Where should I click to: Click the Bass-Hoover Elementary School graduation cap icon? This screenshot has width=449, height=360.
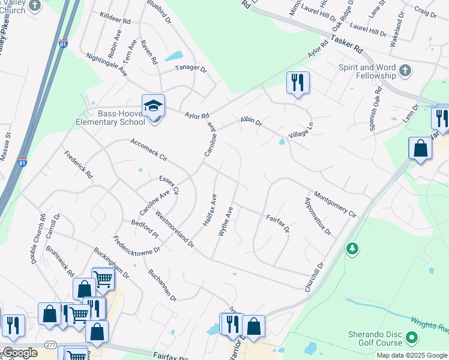click(x=153, y=106)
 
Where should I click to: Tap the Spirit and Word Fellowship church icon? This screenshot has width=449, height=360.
click(x=405, y=70)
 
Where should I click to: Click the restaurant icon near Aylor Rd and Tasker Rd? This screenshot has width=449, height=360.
click(x=297, y=82)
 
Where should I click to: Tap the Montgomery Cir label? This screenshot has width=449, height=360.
click(x=335, y=205)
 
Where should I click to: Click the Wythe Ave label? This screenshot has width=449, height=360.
click(x=225, y=221)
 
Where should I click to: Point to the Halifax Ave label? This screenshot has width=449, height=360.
click(x=209, y=209)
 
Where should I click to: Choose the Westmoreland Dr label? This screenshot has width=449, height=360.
click(x=175, y=229)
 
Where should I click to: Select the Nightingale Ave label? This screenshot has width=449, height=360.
click(x=107, y=62)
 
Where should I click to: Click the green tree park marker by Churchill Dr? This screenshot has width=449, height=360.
click(x=352, y=247)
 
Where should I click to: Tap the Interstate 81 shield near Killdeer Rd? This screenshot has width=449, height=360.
click(x=64, y=43)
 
